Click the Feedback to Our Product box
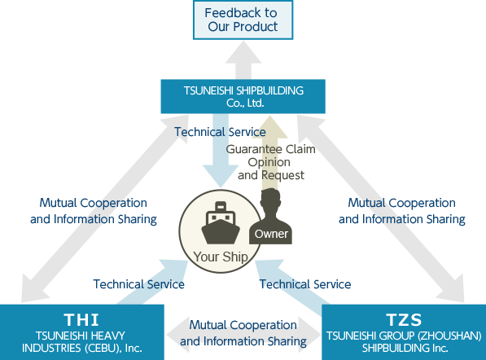(243, 20)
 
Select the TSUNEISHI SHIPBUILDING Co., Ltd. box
(243, 96)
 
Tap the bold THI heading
(81, 320)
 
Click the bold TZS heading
(404, 320)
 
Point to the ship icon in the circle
(221, 222)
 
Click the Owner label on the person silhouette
(271, 234)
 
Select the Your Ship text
(221, 257)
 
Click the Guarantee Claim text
(270, 149)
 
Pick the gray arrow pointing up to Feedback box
(243, 60)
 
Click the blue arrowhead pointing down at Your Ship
(221, 176)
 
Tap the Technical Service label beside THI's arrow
(139, 284)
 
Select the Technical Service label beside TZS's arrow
(305, 284)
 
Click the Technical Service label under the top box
(220, 132)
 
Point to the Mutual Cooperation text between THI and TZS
(243, 333)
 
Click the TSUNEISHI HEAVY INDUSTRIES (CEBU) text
(82, 342)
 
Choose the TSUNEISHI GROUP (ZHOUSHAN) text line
(404, 336)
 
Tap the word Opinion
(269, 162)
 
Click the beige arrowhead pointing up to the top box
(270, 127)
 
